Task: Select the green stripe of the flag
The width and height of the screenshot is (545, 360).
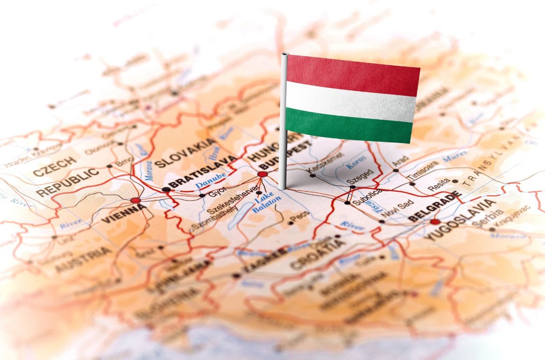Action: (x=349, y=125)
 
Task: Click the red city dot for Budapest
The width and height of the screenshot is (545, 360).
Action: (x=262, y=174)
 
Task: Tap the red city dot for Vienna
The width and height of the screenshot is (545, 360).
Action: (x=135, y=200)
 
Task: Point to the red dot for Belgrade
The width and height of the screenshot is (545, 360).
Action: (x=434, y=222)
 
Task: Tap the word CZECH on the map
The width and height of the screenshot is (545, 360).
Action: (x=55, y=167)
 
